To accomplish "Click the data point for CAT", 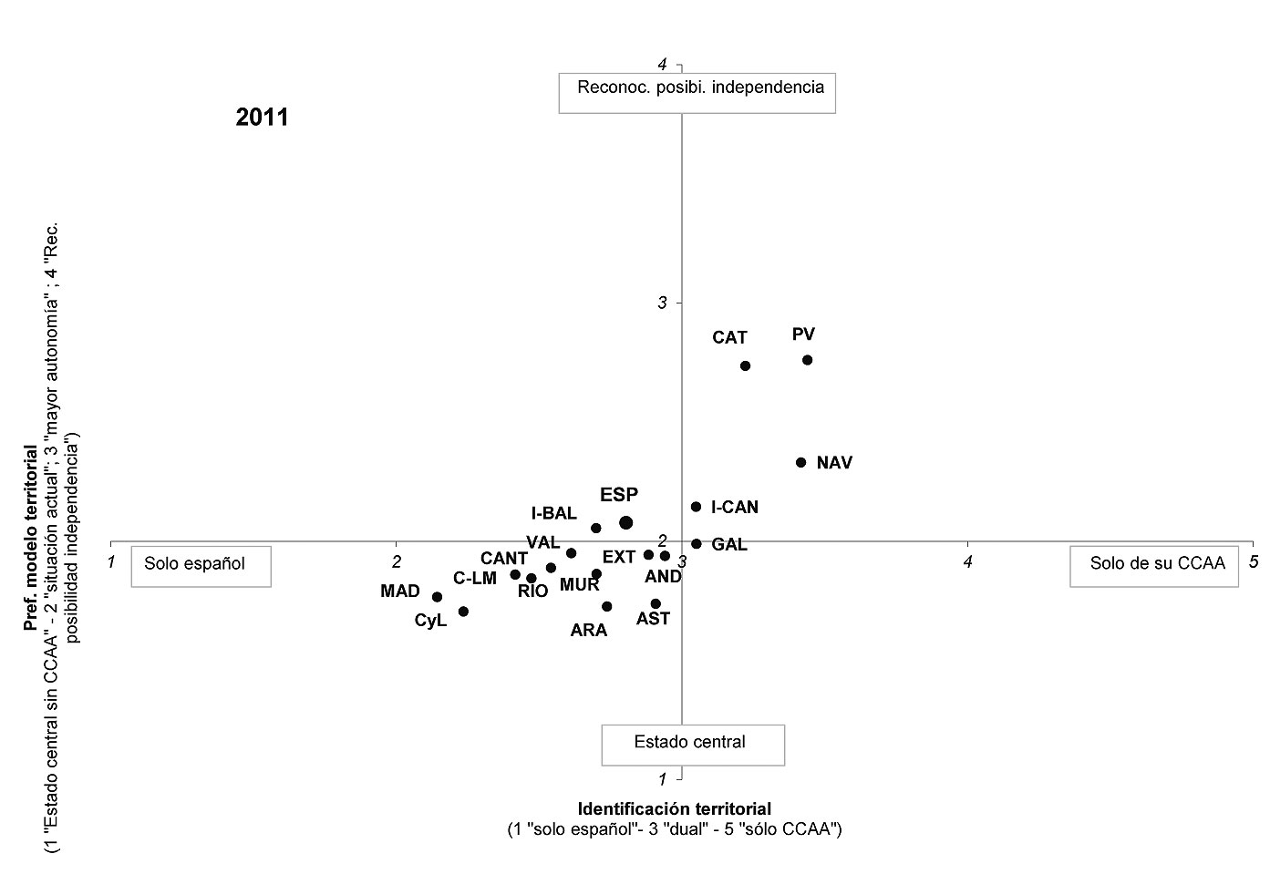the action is point(745,365).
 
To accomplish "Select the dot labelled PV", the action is point(808,360).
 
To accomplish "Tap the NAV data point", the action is point(800,462).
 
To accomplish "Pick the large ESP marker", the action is point(626,522).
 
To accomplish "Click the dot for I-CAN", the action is point(697,507).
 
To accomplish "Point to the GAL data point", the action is point(697,543).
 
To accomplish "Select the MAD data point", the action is point(437,597).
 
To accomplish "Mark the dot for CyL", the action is point(463,612).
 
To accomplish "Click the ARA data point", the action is point(606,606).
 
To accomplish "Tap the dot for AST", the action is point(656,603).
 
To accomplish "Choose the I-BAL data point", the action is point(596,529).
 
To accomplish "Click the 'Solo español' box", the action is point(201,566).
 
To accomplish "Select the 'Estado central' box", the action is point(693,745).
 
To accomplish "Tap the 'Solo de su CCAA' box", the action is point(1154,566).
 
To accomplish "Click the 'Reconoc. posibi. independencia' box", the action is point(697,93).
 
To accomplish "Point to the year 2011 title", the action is point(262,118).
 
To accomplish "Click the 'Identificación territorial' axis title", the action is point(674,808).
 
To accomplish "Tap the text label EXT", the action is point(618,557).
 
